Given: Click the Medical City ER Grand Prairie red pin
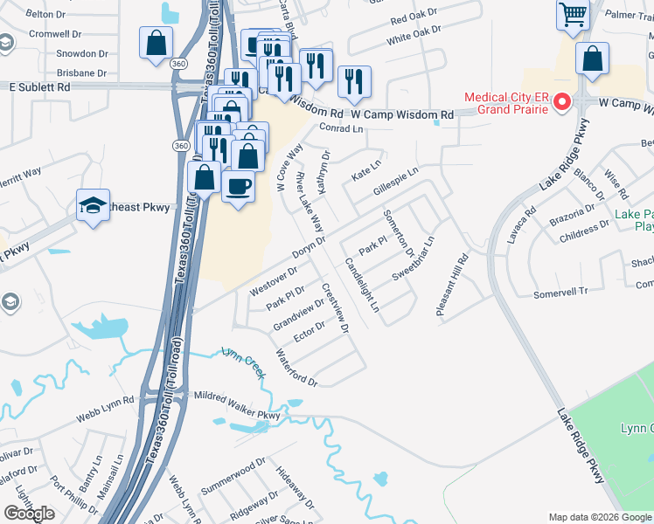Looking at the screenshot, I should [562, 102].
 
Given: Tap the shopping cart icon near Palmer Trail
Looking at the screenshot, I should [573, 15].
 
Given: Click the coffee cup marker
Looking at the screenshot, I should [239, 185].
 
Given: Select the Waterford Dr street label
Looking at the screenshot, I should [296, 368].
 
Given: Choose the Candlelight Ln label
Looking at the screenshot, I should [362, 285].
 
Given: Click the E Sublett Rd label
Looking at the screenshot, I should [39, 87].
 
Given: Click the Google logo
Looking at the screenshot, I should [30, 514].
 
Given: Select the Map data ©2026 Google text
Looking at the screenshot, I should [600, 517].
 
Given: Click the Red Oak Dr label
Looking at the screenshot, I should [415, 18].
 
